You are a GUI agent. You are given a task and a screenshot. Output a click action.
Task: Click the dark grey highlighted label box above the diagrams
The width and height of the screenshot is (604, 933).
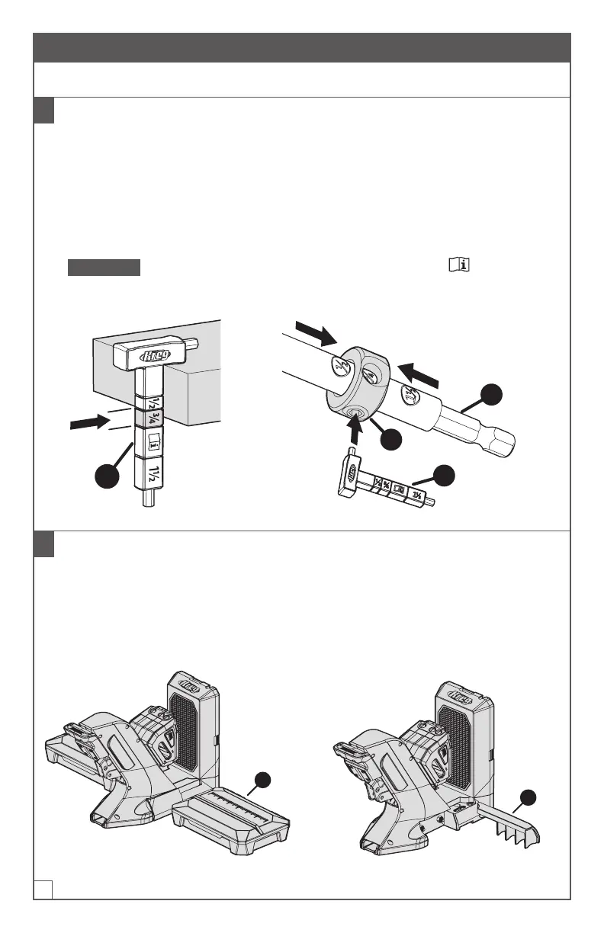(x=104, y=267)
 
